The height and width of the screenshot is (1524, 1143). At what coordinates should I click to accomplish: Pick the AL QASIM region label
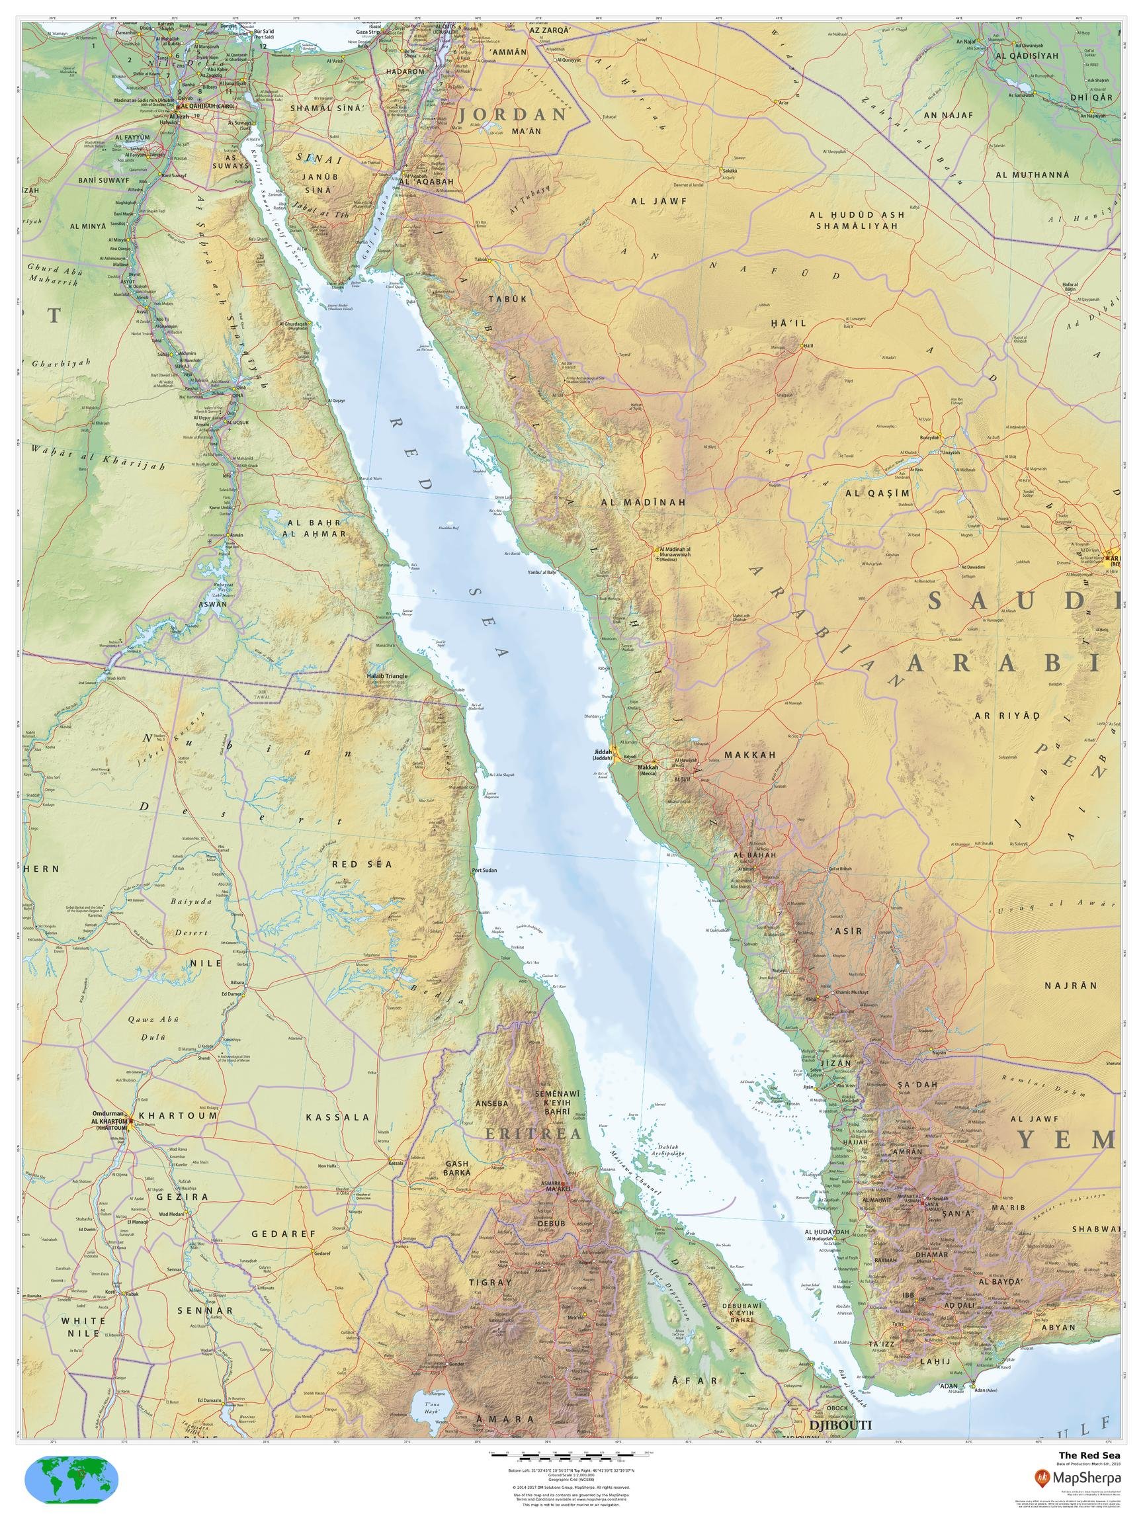pyautogui.click(x=878, y=493)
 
